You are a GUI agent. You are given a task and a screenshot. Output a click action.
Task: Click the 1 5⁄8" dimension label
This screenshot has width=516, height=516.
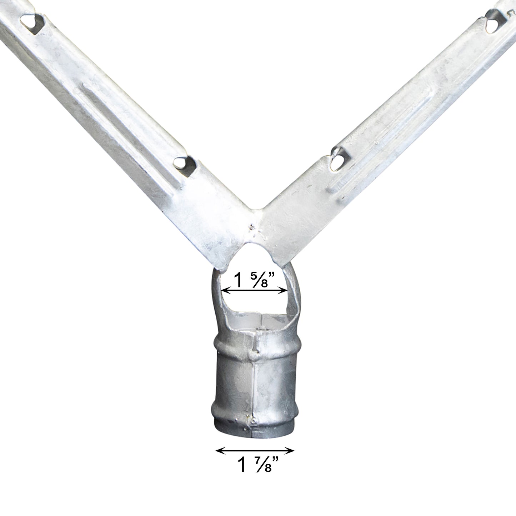click(254, 280)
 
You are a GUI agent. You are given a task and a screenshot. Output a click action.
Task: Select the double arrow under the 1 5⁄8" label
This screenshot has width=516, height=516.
click(254, 291)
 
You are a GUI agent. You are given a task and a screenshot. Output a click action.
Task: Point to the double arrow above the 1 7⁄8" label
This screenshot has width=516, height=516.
click(255, 451)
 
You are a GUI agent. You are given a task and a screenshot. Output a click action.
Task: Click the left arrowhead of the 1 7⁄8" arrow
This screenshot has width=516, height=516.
click(219, 451)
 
